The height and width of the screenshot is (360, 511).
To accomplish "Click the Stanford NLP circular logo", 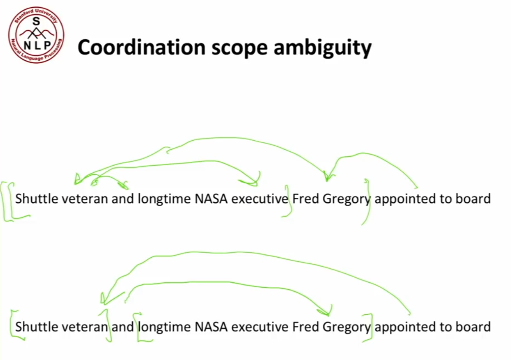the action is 36,35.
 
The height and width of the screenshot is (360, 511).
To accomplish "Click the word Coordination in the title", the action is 141,47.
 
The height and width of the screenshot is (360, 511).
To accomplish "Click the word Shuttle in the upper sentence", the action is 36,198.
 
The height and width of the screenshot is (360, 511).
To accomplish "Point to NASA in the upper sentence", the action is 211,198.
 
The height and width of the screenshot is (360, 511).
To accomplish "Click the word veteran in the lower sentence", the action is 85,327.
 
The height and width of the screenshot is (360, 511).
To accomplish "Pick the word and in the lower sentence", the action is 122,327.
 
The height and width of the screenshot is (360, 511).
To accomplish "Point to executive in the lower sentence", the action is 260,327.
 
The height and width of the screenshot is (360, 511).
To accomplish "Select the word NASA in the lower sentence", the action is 211,327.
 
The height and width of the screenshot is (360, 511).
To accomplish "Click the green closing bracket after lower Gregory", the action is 372,327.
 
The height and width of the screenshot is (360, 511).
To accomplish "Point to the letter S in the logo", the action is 36,21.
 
